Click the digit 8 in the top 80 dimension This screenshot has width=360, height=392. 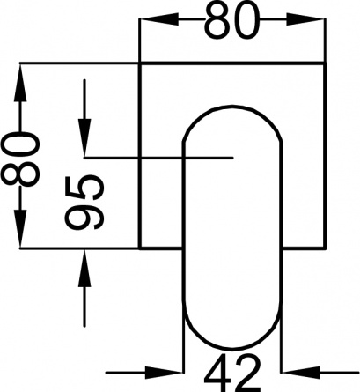coord(217,20)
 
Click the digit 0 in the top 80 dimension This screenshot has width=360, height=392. coord(246,20)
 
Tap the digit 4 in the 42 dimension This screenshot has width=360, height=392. coord(218,373)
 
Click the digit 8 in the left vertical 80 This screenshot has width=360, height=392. coord(20,174)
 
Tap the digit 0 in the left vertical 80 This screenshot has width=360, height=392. coord(20,145)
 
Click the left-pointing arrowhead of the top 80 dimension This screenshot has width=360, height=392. coord(159,19)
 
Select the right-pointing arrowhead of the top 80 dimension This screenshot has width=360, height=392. coord(305,19)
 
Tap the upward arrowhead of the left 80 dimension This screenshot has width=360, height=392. coord(20,83)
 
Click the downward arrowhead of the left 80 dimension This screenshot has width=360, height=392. coord(20,228)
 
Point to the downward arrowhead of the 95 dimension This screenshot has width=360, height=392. coord(84,137)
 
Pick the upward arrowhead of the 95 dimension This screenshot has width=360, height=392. coord(84,268)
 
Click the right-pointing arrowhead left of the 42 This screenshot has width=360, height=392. coord(164,373)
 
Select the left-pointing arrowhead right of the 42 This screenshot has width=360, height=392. coord(300,373)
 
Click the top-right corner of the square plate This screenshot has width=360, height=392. coord(325,63)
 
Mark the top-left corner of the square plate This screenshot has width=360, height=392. coord(140,63)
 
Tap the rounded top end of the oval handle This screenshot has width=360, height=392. coord(232,106)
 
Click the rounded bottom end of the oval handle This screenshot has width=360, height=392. coord(232,349)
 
